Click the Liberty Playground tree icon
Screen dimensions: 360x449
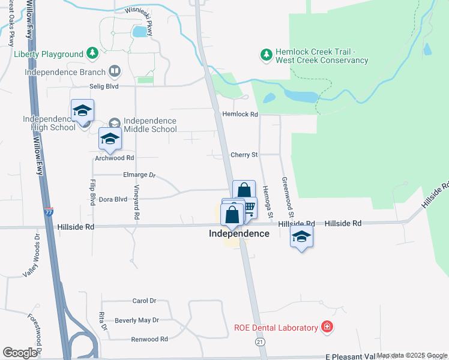click(x=92, y=54)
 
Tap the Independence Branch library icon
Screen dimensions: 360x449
click(x=114, y=72)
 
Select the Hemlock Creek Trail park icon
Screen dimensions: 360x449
click(x=266, y=55)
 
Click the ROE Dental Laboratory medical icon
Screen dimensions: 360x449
click(x=327, y=327)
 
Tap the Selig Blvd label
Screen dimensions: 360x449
click(x=104, y=86)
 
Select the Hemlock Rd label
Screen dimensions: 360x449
click(x=240, y=114)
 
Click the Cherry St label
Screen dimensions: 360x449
click(x=244, y=155)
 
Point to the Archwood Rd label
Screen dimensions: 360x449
click(x=114, y=158)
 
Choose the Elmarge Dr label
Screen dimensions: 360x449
click(x=138, y=175)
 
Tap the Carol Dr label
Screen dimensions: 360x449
click(x=144, y=301)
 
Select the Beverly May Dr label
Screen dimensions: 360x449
click(x=136, y=320)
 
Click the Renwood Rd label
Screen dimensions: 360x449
click(x=149, y=339)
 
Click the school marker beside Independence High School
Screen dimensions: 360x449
click(x=83, y=110)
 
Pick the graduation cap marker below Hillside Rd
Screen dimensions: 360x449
click(x=302, y=236)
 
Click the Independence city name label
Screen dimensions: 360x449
click(x=239, y=233)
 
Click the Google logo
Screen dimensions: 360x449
click(x=20, y=353)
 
